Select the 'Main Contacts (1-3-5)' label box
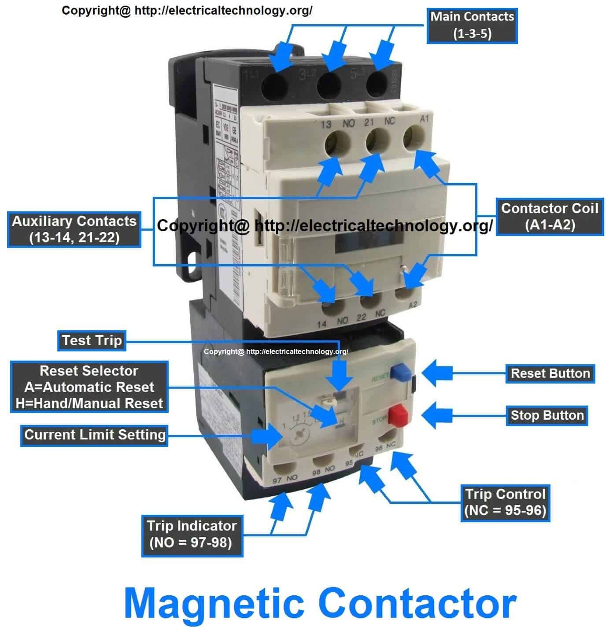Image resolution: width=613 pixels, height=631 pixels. [x=472, y=25]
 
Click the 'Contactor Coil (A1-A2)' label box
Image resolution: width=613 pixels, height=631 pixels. [x=550, y=217]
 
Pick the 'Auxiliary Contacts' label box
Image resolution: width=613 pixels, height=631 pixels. [x=74, y=229]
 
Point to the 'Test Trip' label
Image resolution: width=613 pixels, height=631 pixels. [x=92, y=340]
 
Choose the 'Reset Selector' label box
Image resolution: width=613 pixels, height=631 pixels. [x=89, y=387]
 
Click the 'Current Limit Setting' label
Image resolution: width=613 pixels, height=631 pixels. [x=94, y=435]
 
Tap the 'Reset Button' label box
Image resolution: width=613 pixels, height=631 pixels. [x=550, y=373]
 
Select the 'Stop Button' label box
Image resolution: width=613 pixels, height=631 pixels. [x=547, y=415]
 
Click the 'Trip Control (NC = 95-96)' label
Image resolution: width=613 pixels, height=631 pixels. [x=505, y=502]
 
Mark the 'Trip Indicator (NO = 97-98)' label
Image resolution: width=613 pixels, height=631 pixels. [x=192, y=534]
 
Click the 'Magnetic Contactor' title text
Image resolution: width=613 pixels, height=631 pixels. [x=320, y=604]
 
